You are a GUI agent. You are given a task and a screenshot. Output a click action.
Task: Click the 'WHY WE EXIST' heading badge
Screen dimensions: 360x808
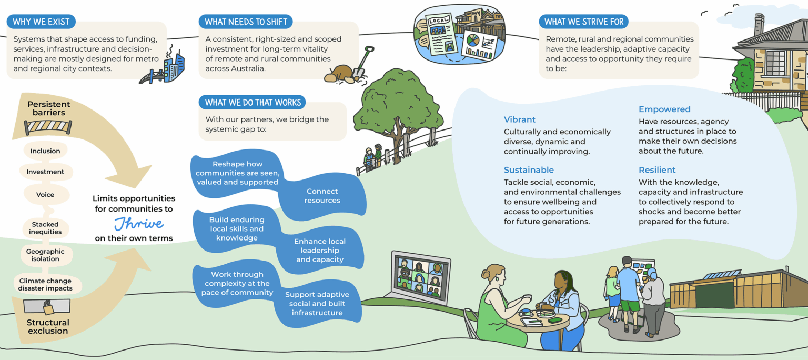(41, 22)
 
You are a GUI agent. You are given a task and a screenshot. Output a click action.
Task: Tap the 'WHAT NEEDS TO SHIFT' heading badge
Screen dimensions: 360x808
(245, 22)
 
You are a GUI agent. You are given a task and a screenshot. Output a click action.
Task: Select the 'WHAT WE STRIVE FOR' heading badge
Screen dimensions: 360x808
(583, 22)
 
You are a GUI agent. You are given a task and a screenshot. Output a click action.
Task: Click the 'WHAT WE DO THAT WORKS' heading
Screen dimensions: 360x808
(252, 102)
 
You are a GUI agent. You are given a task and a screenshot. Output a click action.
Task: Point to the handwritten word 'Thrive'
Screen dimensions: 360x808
(139, 223)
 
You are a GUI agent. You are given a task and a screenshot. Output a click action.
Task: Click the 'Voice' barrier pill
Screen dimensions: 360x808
(45, 195)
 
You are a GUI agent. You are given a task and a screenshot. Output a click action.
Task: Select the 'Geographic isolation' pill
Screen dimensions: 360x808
(45, 255)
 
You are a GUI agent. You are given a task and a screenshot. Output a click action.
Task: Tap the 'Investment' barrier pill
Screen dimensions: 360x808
(45, 172)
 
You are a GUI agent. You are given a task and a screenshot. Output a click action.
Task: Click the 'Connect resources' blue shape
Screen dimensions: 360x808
(322, 196)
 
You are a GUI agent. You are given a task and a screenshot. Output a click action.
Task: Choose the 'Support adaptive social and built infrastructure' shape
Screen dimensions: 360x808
(317, 304)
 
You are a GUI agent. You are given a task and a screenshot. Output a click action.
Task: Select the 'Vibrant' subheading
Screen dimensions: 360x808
(520, 119)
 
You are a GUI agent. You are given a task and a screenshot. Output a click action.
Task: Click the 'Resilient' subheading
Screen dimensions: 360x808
(657, 170)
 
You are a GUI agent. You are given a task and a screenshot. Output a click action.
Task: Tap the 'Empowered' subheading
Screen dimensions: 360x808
(664, 109)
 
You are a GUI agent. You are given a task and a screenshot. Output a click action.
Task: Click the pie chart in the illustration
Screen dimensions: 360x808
(472, 41)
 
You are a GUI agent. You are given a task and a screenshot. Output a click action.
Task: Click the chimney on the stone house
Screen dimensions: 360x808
(759, 24)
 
